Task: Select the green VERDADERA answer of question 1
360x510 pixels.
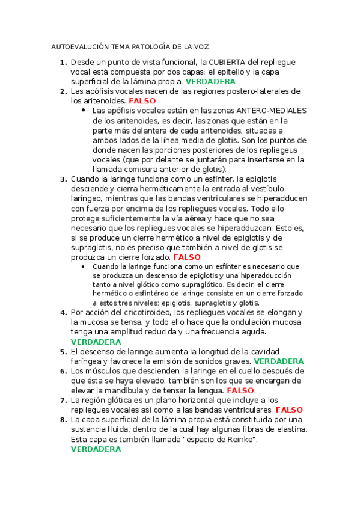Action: coord(210,81)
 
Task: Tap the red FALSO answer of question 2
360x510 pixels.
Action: coord(142,101)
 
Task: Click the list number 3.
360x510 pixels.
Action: coord(63,179)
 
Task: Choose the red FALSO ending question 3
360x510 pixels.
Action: coord(187,257)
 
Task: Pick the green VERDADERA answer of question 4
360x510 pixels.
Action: coord(96,342)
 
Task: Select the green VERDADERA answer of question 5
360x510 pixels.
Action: coord(279,361)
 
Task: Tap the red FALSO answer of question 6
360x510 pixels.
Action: coord(232,390)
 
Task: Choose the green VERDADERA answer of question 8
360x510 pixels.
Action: coord(96,449)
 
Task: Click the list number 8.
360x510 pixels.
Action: coord(63,419)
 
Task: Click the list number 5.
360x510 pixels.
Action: coord(63,351)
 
